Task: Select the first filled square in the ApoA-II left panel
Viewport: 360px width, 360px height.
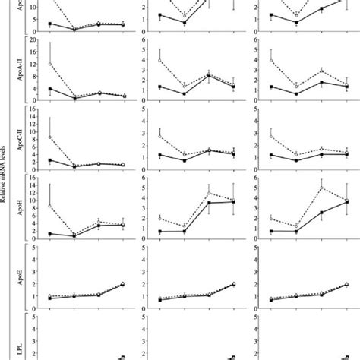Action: [49, 89]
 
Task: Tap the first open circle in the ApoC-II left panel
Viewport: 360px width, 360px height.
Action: [49, 137]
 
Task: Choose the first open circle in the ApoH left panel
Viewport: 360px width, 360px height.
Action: [49, 206]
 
